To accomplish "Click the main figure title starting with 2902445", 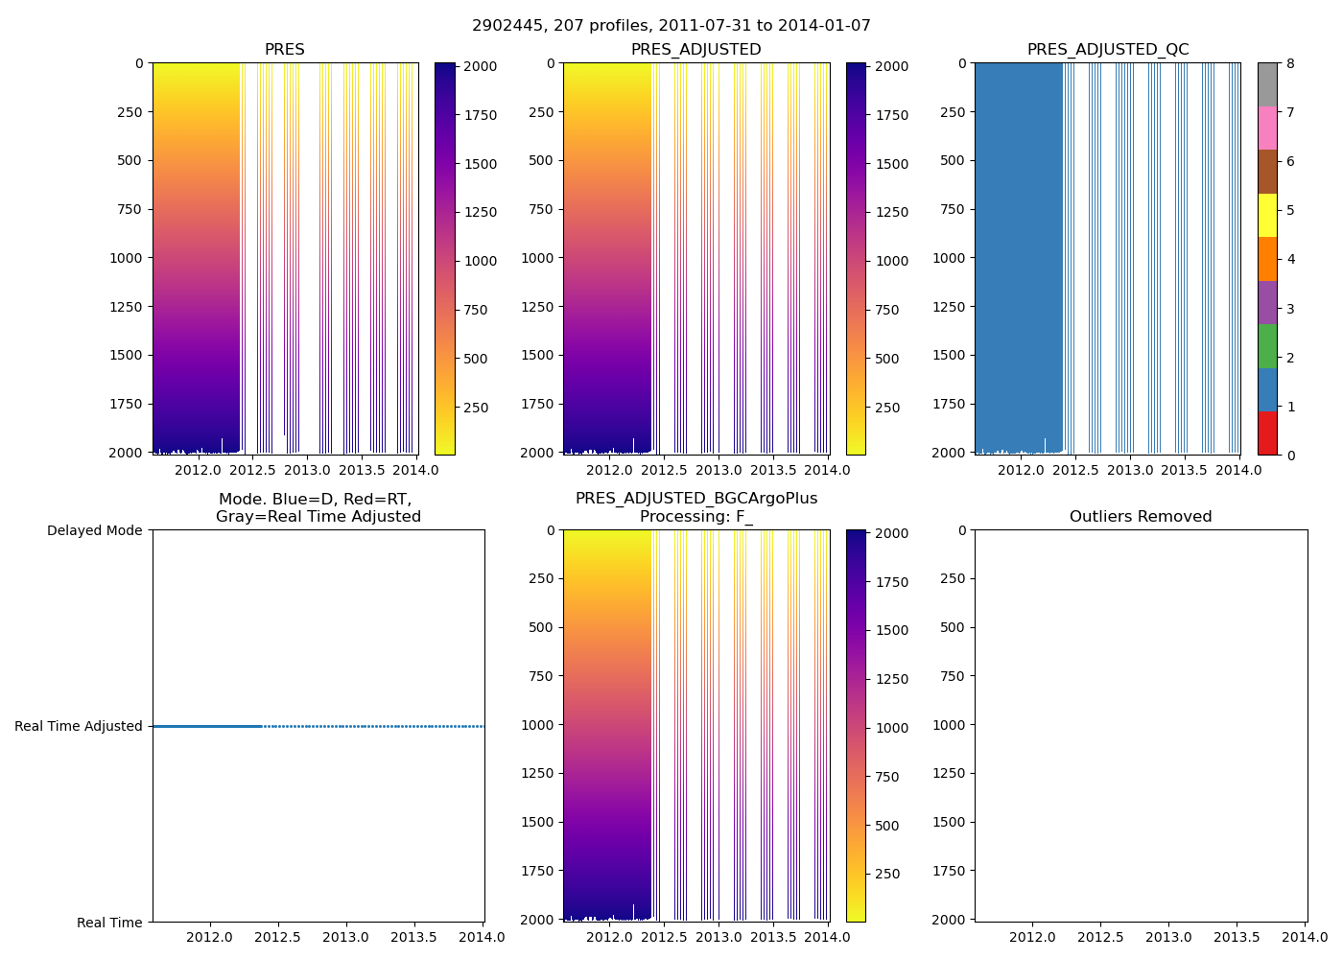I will point(671,26).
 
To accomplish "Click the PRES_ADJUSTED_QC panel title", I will point(1108,50).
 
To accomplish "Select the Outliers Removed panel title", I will point(1141,517).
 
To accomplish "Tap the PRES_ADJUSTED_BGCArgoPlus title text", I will point(696,499).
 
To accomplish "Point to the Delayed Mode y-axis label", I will point(94,530).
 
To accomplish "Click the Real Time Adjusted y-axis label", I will point(79,726).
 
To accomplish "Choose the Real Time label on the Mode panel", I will point(109,923).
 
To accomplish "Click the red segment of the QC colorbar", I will point(1267,433).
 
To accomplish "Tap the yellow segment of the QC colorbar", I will point(1267,215).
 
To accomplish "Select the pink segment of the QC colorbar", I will point(1267,128).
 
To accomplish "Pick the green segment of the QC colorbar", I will point(1267,346).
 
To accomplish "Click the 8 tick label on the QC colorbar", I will point(1291,63).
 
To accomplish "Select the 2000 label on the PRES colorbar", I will point(481,66).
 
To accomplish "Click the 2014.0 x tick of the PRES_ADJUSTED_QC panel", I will point(1239,470).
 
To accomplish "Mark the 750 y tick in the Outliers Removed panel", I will point(951,676).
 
